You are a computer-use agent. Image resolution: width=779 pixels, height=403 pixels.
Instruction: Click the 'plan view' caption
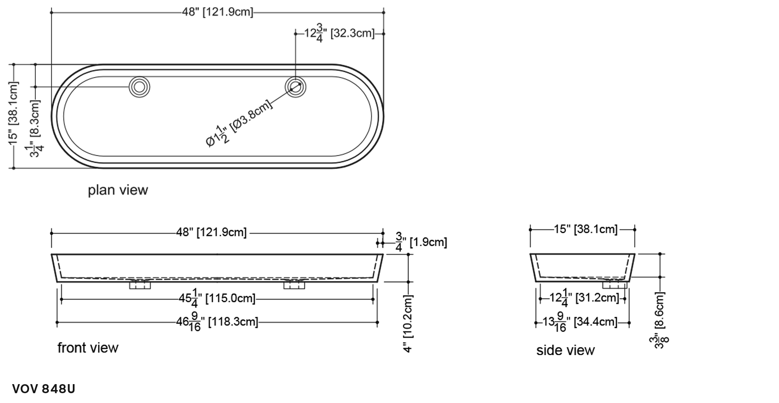pos(118,190)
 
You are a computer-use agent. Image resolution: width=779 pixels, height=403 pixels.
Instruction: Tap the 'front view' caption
pos(88,348)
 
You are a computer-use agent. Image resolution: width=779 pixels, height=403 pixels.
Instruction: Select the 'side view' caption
pos(565,350)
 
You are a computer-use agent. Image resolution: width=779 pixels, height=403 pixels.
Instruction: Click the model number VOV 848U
pos(44,389)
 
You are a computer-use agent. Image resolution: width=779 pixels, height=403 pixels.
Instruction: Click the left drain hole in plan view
pos(140,87)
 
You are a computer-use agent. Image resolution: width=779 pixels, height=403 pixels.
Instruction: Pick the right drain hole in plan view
pos(295,87)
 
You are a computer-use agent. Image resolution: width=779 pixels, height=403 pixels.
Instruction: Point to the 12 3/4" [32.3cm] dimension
pos(339,33)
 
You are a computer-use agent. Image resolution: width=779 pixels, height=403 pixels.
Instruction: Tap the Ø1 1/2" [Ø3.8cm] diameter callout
pos(239,123)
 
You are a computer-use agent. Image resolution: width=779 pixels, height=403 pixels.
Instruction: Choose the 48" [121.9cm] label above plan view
pos(217,12)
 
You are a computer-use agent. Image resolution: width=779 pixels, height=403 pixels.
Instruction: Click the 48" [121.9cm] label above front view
pos(212,232)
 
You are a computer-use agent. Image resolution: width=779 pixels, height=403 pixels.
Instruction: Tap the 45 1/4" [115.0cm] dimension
pos(217,299)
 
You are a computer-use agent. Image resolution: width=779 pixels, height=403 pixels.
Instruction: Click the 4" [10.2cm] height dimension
pos(408,323)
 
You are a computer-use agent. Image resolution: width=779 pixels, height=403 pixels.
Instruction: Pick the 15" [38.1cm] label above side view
pos(586,229)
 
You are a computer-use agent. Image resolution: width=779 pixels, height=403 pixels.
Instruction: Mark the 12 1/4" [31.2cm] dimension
pos(585,298)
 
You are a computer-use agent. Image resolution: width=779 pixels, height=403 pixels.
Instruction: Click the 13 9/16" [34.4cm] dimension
pos(580,322)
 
